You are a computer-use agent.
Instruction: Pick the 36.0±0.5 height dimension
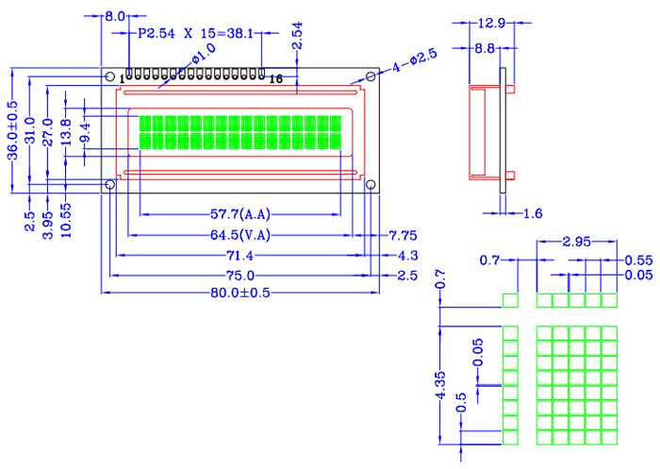pyautogui.click(x=13, y=131)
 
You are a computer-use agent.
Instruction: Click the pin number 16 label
pyautogui.click(x=275, y=79)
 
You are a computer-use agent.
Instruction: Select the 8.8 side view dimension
pyautogui.click(x=486, y=47)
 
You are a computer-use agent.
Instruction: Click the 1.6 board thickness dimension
pyautogui.click(x=533, y=214)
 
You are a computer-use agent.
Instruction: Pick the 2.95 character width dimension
pyautogui.click(x=576, y=242)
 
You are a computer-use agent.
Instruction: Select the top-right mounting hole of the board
pyautogui.click(x=371, y=75)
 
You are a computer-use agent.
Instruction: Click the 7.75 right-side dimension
pyautogui.click(x=403, y=234)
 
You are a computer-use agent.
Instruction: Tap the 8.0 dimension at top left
pyautogui.click(x=115, y=17)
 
